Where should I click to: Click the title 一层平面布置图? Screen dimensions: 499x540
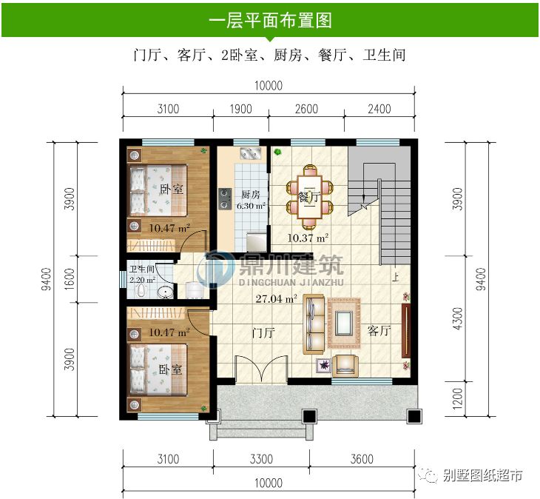(x=270, y=20)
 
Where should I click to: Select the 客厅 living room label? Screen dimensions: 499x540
(x=378, y=331)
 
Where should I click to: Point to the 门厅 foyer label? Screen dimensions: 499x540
(x=263, y=332)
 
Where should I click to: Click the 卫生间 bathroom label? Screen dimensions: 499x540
(x=141, y=269)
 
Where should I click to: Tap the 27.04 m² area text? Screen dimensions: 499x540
(x=275, y=300)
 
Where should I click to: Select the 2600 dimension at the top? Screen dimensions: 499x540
(x=306, y=110)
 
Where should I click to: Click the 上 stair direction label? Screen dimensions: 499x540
(x=396, y=279)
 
